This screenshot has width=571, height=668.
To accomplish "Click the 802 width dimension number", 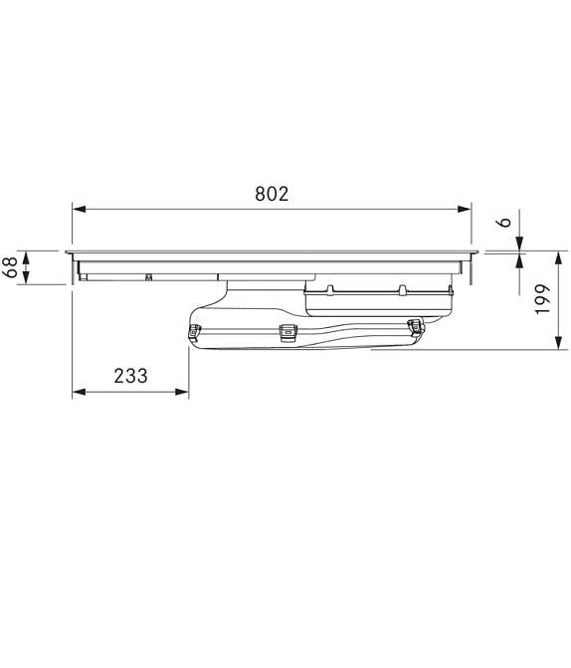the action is (x=272, y=194).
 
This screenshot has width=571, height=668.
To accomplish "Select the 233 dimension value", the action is (x=130, y=376).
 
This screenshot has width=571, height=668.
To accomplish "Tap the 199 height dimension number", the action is (x=543, y=299).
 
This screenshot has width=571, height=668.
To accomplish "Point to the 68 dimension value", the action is (x=11, y=267).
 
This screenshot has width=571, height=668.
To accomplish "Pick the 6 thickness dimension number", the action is (x=504, y=222).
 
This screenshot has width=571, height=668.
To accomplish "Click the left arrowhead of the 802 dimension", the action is (x=79, y=209).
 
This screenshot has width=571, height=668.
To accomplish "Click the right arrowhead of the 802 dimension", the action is (x=464, y=209).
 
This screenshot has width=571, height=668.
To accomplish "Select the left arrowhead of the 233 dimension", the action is (x=79, y=392).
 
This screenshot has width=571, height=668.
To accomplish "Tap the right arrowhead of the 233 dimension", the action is (x=182, y=392).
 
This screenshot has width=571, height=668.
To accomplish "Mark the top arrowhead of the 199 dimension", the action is (x=559, y=258).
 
